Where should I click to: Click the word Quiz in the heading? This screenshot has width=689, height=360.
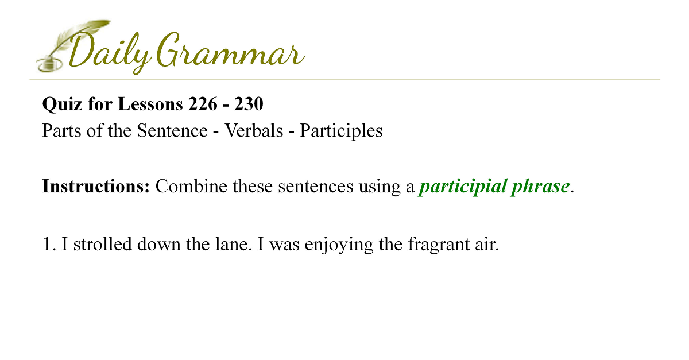coord(62,104)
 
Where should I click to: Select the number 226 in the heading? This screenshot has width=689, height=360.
coord(203,104)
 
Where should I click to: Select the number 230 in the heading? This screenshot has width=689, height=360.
coord(249,104)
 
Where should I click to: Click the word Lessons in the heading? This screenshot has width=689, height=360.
coord(150,104)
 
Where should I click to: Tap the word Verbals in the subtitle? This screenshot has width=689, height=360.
coord(254,130)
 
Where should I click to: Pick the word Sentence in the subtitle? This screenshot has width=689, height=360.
coord(172,130)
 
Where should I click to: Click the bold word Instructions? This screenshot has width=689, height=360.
coord(96,186)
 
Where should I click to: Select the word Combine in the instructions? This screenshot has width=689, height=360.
coord(191,186)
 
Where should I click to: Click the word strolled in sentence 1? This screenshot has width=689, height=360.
coord(102,244)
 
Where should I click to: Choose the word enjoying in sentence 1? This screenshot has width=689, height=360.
coord(339,245)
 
